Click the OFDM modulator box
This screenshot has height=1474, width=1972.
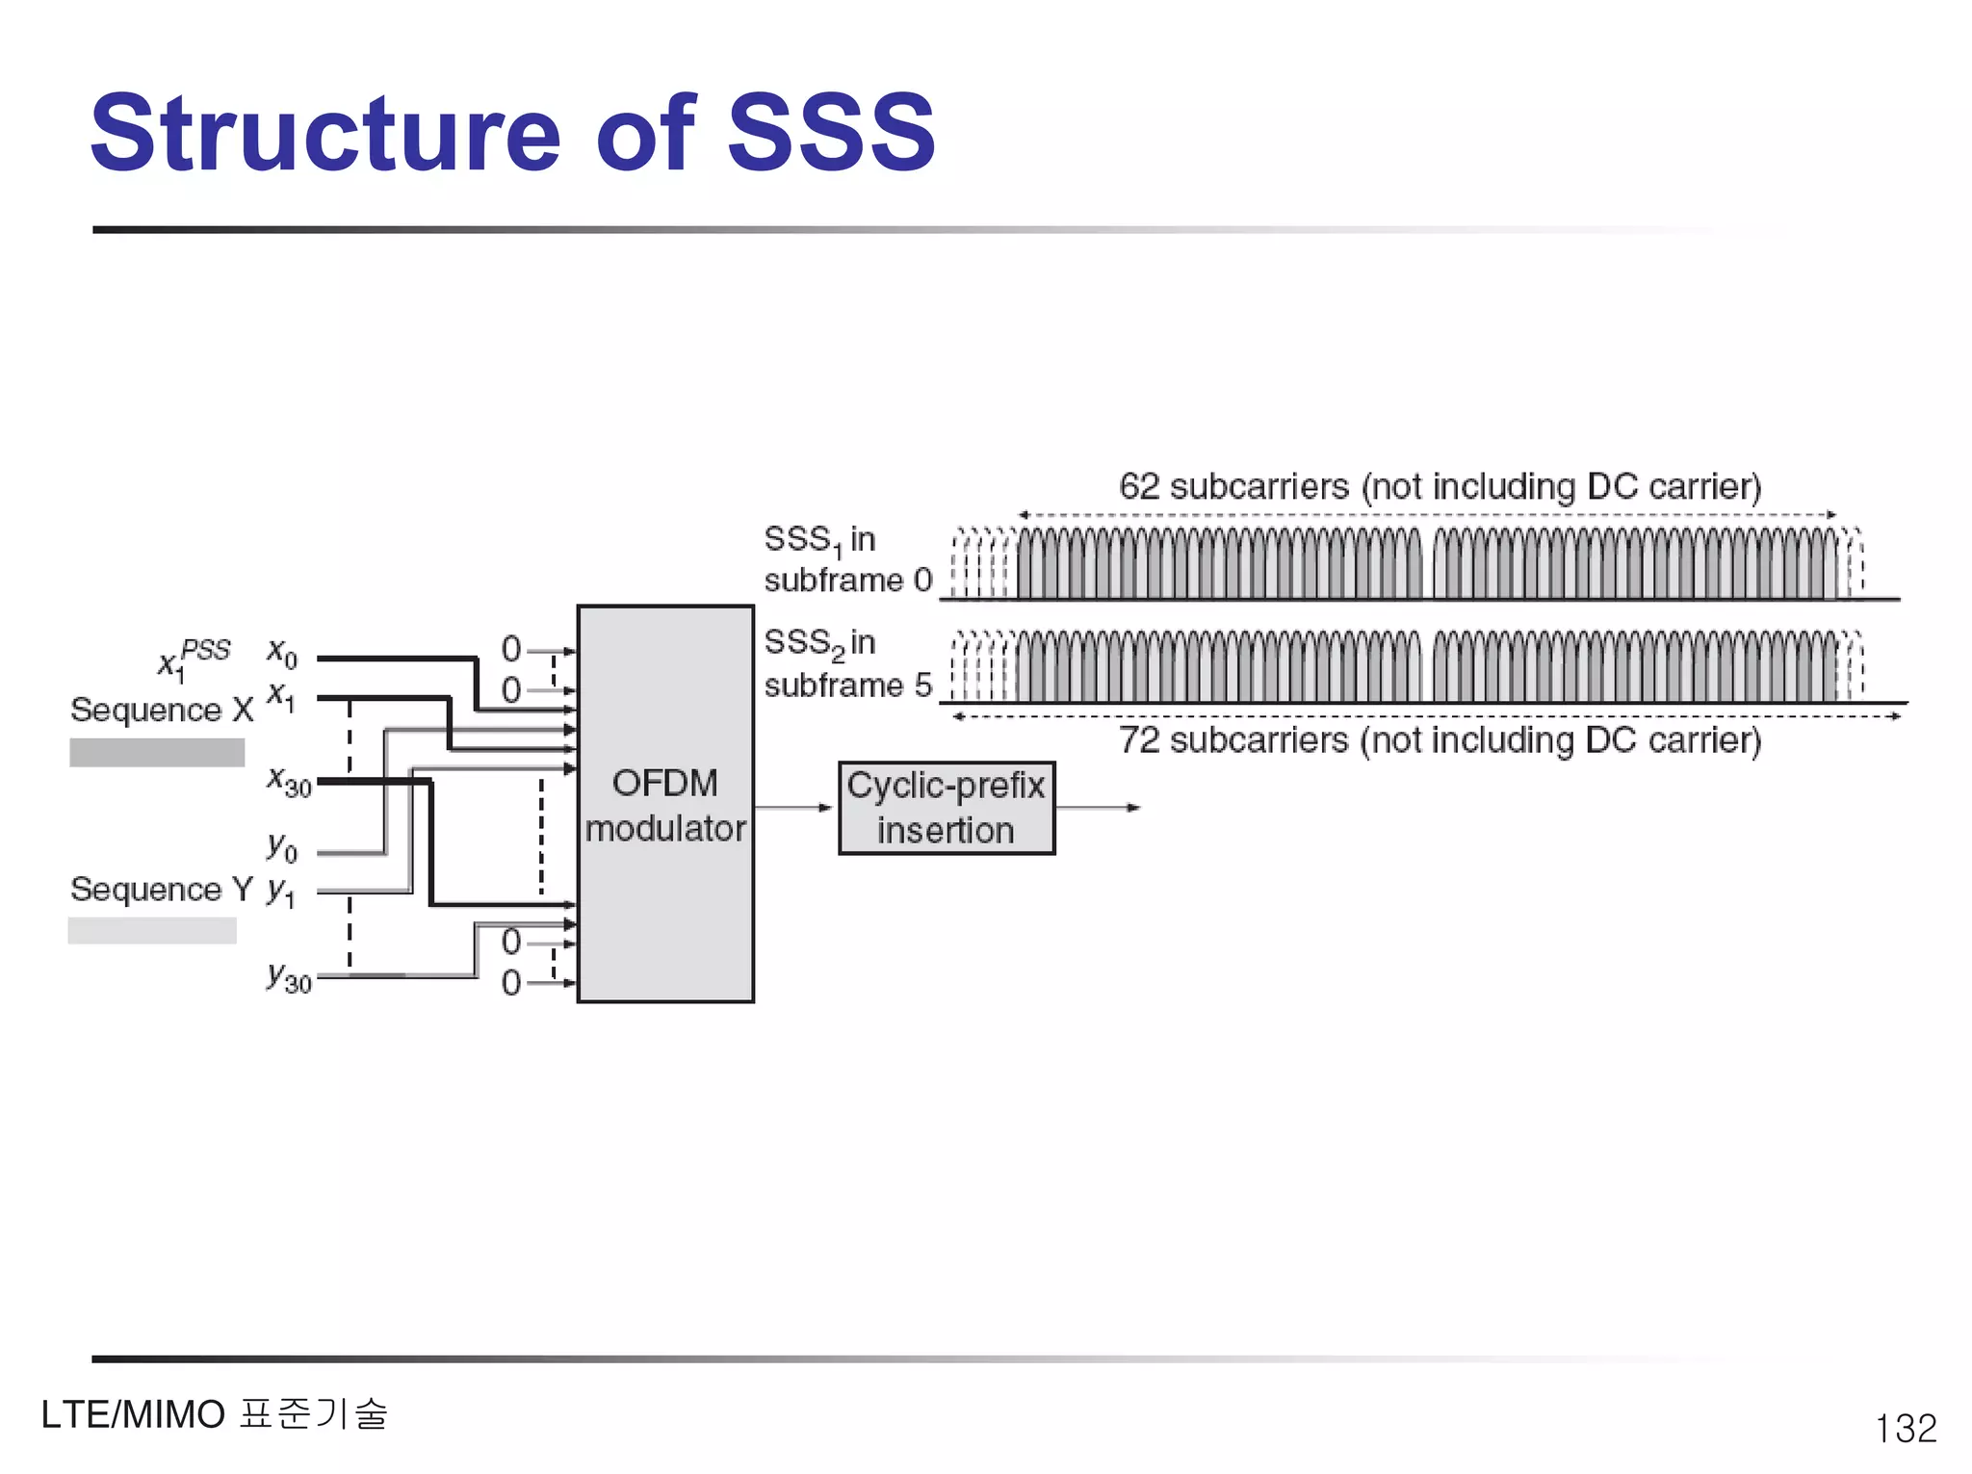tap(665, 805)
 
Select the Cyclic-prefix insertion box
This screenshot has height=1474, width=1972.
tap(947, 808)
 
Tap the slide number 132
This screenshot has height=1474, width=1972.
tap(1905, 1428)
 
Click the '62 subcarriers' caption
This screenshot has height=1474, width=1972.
tap(1440, 486)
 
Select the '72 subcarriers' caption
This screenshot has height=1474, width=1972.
tap(1440, 740)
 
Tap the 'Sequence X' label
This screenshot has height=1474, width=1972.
tap(162, 710)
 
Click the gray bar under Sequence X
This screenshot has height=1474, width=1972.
tap(157, 752)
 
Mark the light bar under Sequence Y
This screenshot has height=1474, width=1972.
tap(152, 930)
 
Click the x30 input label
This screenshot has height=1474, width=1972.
tap(289, 781)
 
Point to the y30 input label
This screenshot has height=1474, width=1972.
tap(289, 977)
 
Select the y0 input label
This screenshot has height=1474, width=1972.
tap(282, 847)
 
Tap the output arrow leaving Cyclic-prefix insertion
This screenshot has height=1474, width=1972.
tap(1098, 807)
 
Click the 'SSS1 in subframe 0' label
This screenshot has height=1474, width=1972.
tap(847, 559)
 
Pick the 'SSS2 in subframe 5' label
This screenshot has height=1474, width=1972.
tap(847, 663)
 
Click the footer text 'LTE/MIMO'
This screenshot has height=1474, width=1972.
tap(133, 1415)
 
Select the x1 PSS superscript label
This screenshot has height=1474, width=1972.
tap(195, 657)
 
